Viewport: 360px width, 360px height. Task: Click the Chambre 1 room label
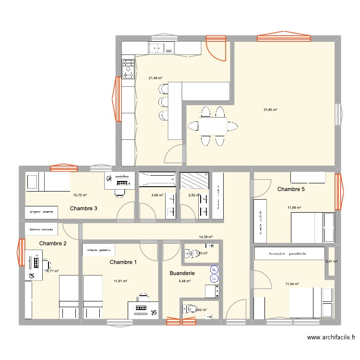coord(123,262)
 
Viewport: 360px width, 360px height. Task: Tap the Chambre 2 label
coord(53,243)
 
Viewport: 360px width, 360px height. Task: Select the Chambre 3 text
coord(84,208)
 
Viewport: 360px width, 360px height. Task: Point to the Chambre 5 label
coord(291,189)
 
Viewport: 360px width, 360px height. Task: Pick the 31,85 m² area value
coord(270,109)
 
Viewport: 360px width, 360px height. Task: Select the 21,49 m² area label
coord(155,78)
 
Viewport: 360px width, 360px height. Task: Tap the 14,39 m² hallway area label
coord(205,237)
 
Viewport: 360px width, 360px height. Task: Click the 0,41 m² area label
coord(332,262)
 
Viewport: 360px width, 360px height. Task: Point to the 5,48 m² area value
coord(185,281)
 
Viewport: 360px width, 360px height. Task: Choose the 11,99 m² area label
coord(294,207)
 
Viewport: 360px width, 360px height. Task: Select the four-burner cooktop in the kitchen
coord(128,68)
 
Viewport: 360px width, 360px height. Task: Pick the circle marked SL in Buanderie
coord(214,270)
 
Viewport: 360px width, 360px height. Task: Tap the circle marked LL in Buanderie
coord(214,278)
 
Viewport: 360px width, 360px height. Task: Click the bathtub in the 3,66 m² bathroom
coord(157,180)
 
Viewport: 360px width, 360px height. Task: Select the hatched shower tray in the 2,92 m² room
coord(194,180)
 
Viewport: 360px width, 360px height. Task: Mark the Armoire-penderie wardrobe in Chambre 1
coord(99,250)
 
